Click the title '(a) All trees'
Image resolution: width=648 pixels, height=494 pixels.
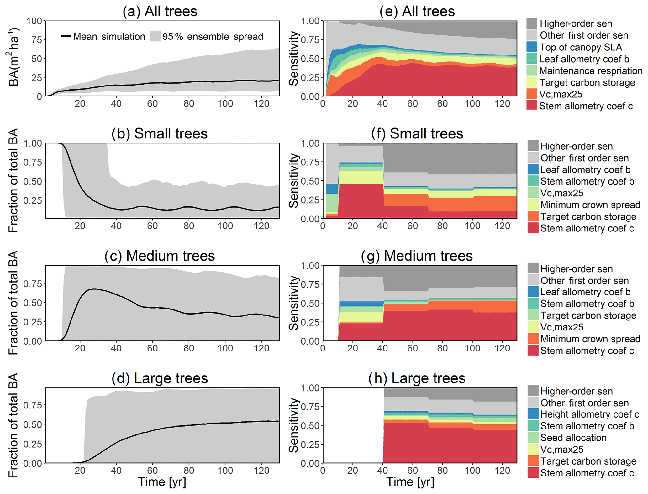(160, 11)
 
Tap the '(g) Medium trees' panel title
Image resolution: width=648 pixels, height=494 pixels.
(417, 256)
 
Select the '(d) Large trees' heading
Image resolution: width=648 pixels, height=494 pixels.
(160, 378)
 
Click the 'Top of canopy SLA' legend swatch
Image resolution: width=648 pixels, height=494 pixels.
(532, 47)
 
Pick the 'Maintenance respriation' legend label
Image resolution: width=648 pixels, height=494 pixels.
(591, 71)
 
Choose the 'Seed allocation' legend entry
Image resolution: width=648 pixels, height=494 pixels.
(573, 438)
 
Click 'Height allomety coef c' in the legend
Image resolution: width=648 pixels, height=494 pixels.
(589, 414)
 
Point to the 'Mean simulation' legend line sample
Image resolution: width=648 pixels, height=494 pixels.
(66, 36)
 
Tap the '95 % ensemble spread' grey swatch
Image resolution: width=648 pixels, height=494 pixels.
(155, 36)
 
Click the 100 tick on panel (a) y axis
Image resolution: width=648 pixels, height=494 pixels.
(34, 21)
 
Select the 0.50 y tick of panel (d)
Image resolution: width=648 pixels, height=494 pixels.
(32, 424)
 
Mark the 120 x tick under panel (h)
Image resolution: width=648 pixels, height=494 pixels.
(502, 470)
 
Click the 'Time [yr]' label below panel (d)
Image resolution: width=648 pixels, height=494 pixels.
(162, 482)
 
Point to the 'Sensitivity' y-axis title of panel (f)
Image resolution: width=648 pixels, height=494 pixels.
(294, 181)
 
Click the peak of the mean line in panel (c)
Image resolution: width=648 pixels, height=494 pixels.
(93, 289)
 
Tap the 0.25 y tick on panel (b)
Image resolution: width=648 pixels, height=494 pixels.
(32, 200)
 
